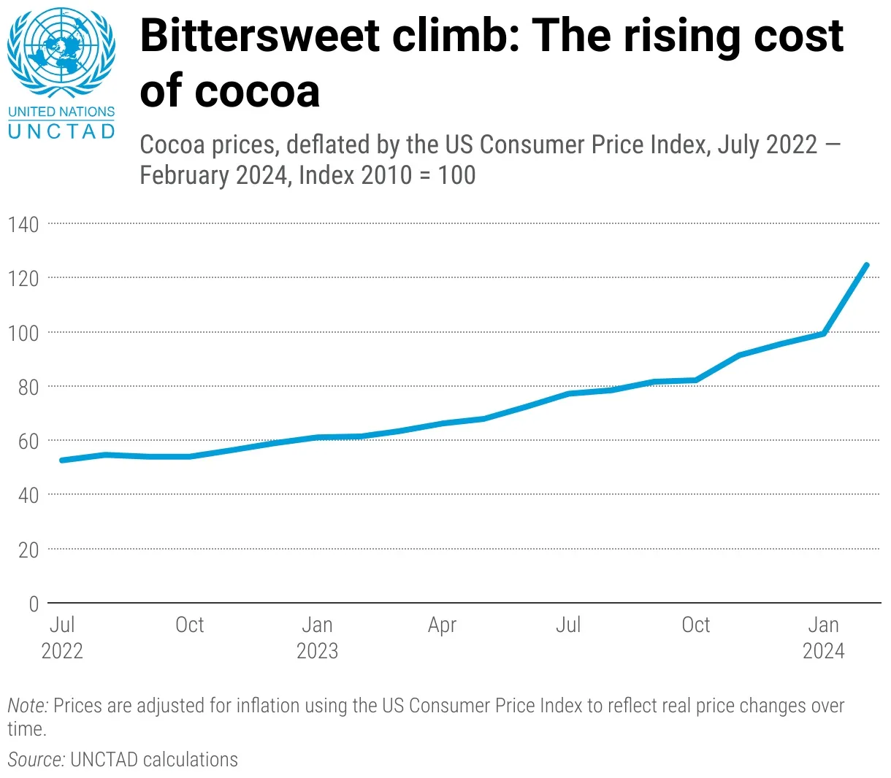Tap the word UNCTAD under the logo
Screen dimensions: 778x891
click(x=61, y=131)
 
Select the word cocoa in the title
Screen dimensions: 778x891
click(x=257, y=91)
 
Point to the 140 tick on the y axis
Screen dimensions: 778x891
click(x=23, y=224)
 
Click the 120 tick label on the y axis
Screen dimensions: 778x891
click(x=23, y=278)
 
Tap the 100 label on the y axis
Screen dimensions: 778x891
click(x=23, y=333)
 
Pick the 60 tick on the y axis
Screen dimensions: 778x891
click(x=28, y=441)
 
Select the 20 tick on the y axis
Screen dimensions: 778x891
click(x=28, y=550)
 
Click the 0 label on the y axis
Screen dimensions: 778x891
click(x=34, y=604)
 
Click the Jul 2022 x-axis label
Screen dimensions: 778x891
click(x=62, y=637)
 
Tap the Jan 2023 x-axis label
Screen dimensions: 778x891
click(x=317, y=637)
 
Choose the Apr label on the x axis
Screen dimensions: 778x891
click(x=442, y=625)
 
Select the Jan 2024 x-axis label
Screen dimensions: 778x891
click(x=823, y=637)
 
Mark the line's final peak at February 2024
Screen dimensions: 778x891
click(x=866, y=265)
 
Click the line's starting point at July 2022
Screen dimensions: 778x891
click(x=62, y=460)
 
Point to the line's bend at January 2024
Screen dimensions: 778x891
click(x=824, y=334)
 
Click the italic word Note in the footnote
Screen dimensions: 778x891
click(x=27, y=706)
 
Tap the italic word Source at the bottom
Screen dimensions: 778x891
click(x=36, y=760)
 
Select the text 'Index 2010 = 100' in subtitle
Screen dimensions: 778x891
click(x=387, y=175)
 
